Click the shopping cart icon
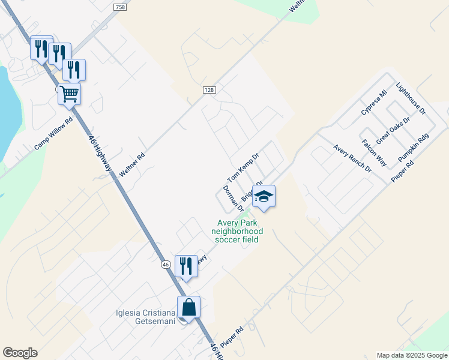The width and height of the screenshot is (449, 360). point(70,94)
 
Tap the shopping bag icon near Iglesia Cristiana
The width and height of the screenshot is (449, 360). point(188,307)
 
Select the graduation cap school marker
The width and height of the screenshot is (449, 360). point(264,196)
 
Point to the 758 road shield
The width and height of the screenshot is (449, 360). point(119,6)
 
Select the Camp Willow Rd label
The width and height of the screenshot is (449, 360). point(53,133)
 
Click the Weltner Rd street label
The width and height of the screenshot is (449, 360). point(132,163)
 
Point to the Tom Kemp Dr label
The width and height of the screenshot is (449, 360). point(243,168)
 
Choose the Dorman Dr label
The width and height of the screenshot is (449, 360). point(233,199)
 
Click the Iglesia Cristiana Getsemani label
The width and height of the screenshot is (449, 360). point(145,317)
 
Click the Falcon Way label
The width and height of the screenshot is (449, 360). point(374,152)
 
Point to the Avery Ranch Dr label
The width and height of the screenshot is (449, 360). point(352,158)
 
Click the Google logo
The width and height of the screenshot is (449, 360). point(20,353)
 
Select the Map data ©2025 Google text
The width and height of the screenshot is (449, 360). point(411,355)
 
